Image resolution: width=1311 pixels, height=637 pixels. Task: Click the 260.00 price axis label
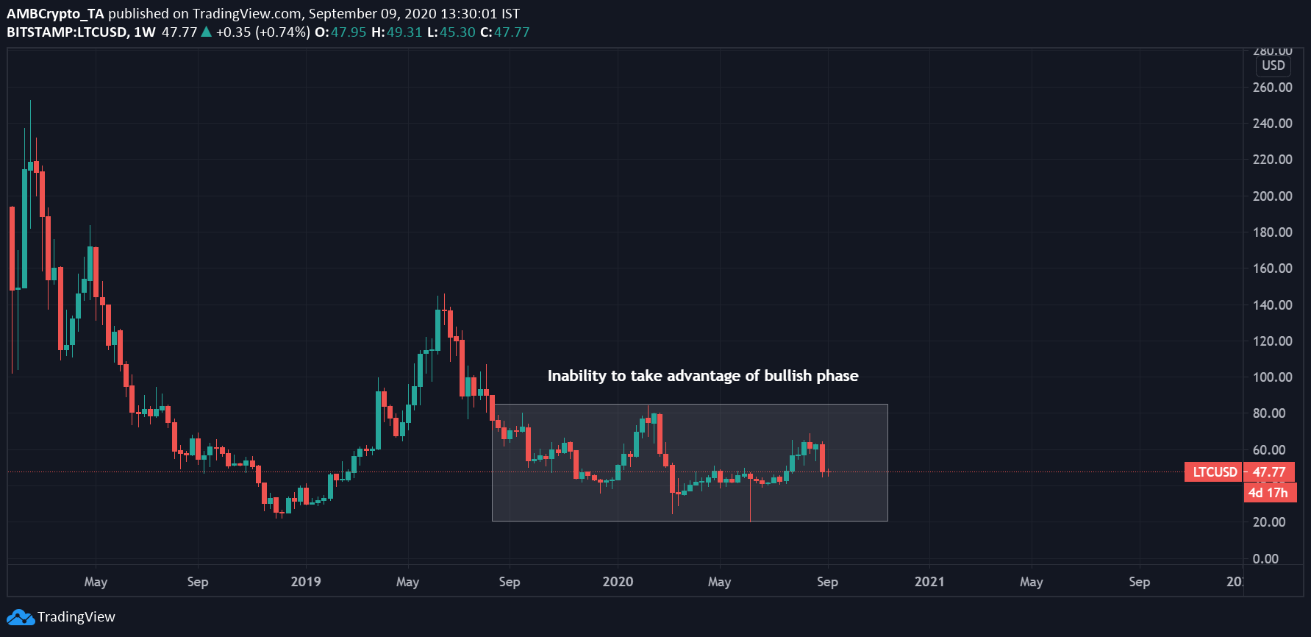1272,87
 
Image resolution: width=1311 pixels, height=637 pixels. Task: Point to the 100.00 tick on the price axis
1272,377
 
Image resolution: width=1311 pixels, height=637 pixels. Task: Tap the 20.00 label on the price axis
1269,522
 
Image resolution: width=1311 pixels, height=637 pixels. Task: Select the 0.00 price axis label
1265,558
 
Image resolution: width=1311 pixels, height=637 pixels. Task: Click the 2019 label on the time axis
306,582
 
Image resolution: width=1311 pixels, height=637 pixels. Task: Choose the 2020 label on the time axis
618,582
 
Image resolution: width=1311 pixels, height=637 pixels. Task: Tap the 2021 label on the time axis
929,582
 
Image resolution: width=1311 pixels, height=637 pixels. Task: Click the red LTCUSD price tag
1215,472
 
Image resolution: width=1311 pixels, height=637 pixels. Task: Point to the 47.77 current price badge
1269,472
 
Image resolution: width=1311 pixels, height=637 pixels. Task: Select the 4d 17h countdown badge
1268,493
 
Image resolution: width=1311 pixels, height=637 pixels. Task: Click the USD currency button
1274,65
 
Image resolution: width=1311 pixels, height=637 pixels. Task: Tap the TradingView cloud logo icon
21,617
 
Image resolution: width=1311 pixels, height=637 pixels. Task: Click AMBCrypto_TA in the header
55,13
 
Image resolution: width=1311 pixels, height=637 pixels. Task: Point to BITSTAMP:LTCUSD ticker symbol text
67,32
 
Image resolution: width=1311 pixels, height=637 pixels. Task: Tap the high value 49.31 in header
404,32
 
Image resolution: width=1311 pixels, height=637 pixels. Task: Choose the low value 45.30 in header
457,32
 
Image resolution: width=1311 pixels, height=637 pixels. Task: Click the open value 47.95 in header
349,32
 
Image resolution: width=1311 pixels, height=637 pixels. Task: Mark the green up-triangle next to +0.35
207,32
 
